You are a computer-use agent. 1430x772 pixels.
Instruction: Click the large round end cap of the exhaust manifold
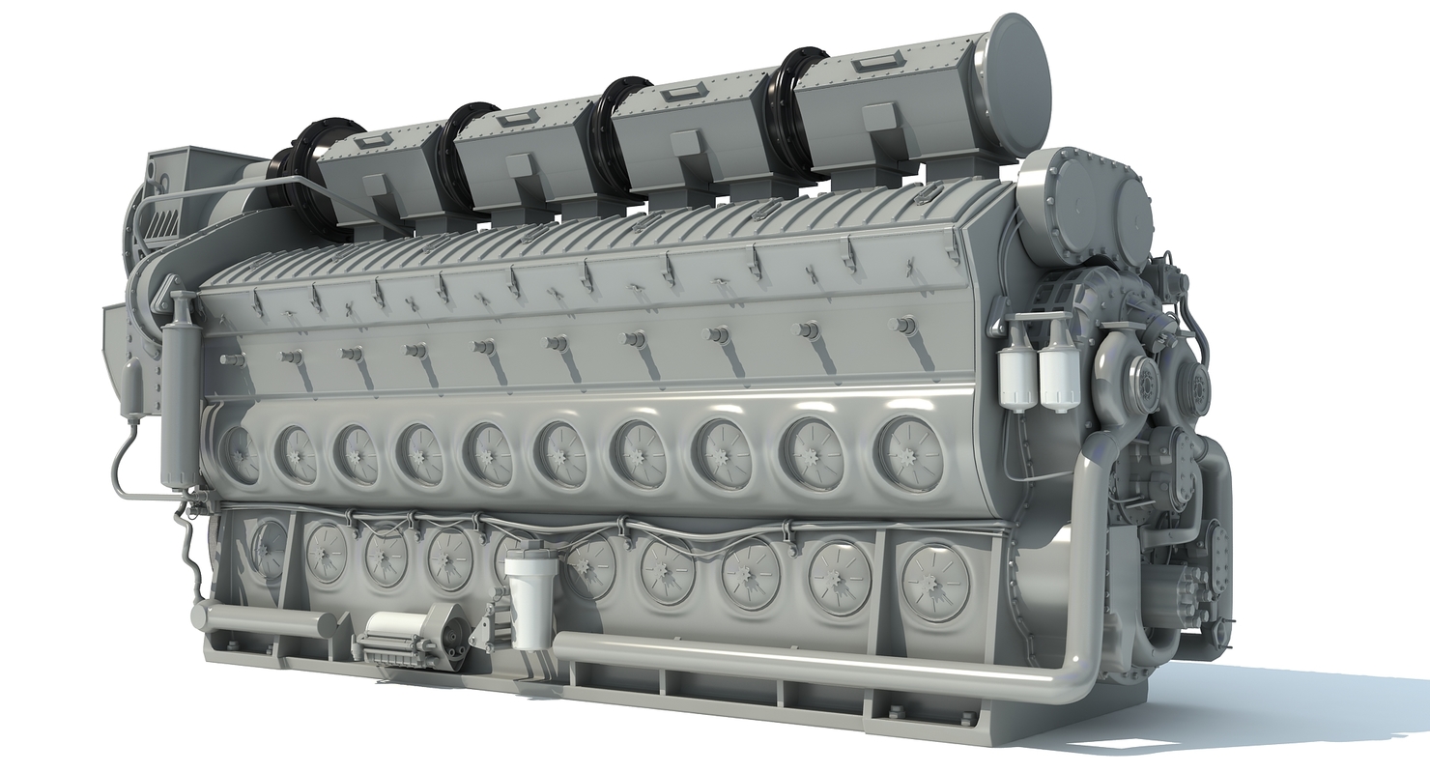pyautogui.click(x=1019, y=85)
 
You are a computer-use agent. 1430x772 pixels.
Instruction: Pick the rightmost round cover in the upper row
pyautogui.click(x=910, y=453)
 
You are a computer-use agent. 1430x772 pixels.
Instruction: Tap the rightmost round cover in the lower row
pyautogui.click(x=935, y=581)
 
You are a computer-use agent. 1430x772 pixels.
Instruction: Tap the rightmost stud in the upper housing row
pyautogui.click(x=903, y=326)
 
